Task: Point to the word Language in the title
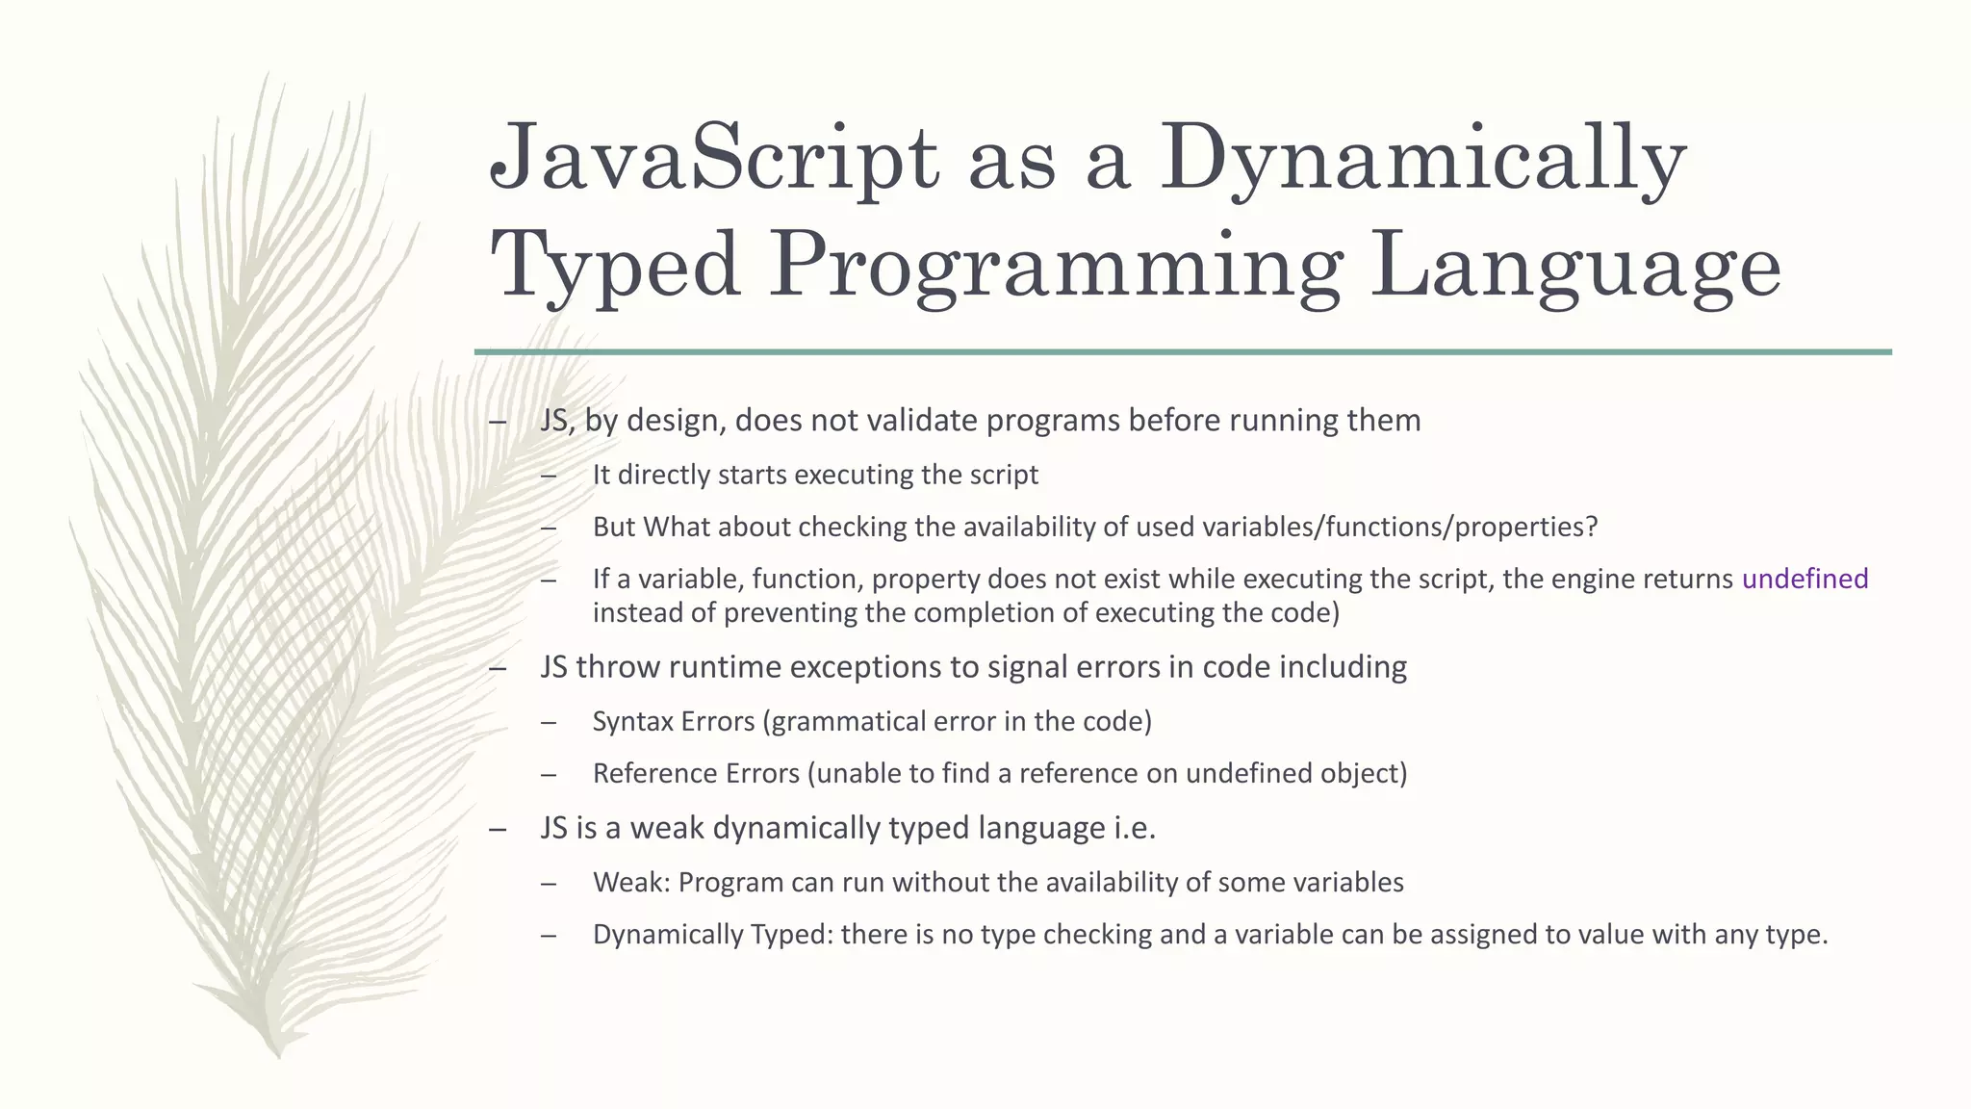1576,265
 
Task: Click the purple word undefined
1805,579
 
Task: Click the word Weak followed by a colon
630,882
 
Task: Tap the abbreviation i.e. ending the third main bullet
1135,828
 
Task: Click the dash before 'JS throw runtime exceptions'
498,667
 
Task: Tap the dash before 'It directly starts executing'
549,476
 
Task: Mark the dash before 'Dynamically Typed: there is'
549,935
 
